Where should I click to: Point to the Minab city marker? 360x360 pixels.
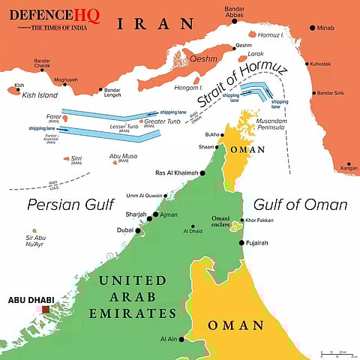312,28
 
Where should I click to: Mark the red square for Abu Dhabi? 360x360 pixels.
46,308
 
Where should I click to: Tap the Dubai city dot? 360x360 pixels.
139,230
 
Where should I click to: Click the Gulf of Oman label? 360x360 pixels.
300,204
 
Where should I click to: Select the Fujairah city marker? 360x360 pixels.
241,243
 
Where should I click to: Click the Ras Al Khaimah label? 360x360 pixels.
178,172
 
